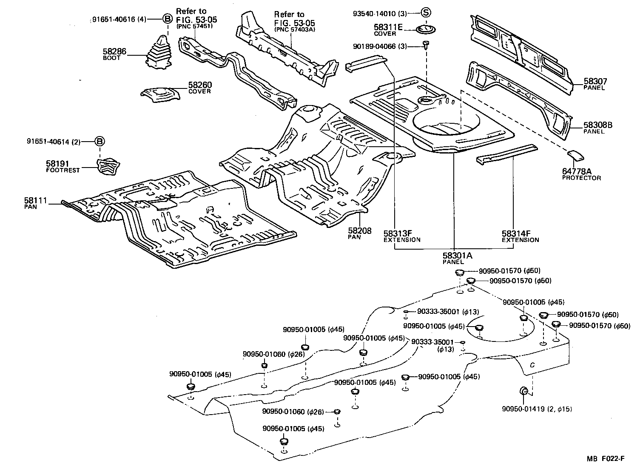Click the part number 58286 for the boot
(114, 52)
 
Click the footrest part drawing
(107, 165)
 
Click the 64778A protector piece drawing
(575, 155)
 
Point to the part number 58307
(595, 81)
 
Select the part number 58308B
(597, 125)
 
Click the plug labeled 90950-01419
(524, 391)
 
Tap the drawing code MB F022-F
(606, 458)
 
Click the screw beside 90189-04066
(426, 45)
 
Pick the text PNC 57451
(194, 26)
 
